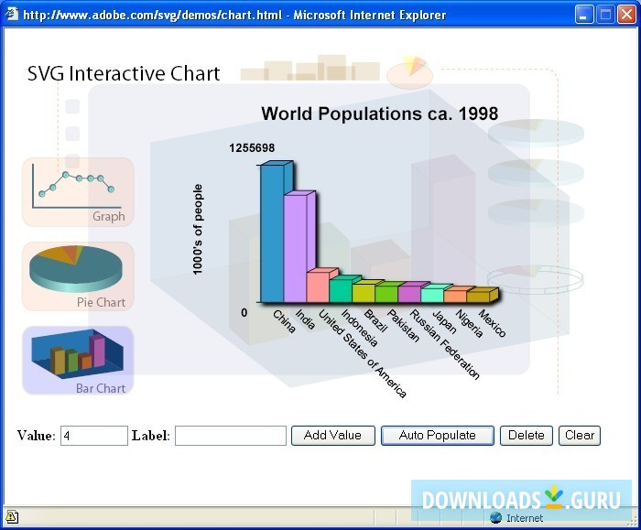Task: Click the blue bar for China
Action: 272,233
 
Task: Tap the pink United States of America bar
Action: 317,287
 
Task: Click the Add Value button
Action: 332,436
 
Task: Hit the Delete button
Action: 527,436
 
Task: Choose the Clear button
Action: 580,436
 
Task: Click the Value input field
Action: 93,436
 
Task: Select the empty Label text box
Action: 231,436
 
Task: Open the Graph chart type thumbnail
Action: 78,192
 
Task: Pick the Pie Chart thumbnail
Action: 78,276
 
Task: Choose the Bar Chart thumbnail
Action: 78,361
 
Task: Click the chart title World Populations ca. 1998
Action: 380,114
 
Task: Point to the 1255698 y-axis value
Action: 252,148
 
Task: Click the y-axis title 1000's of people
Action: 198,229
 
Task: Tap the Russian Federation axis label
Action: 444,344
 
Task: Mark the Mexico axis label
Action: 492,325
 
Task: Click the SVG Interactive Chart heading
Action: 124,74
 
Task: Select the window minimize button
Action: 584,15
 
